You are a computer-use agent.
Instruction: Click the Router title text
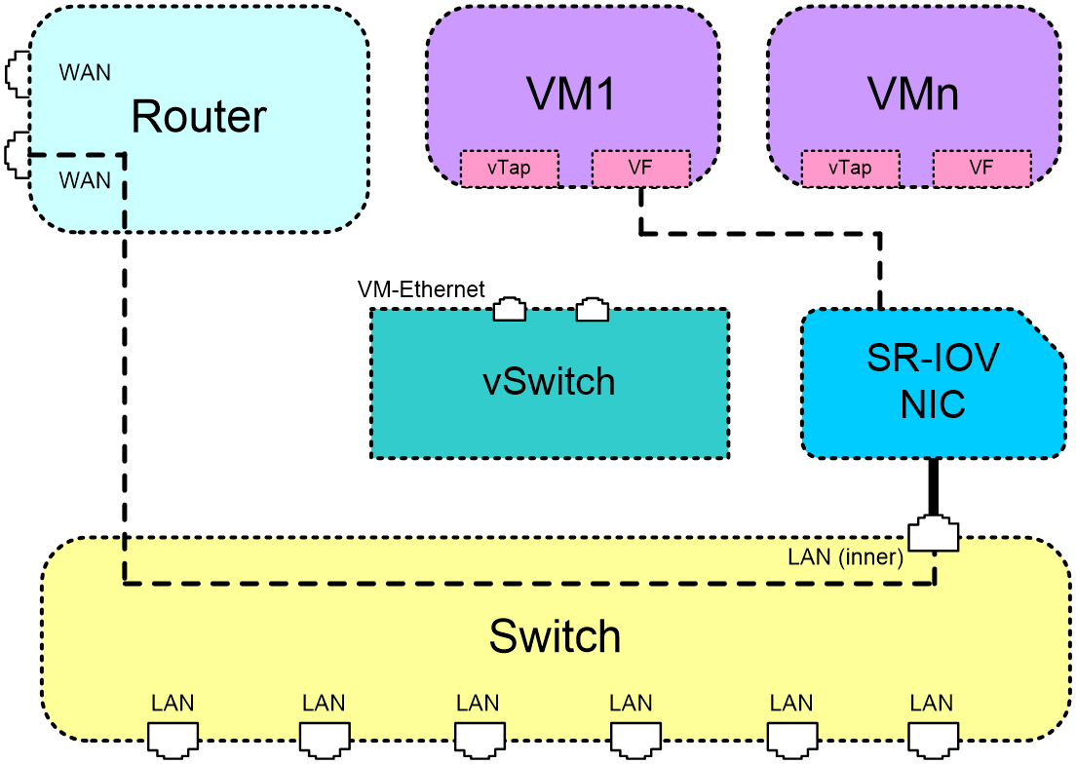[x=198, y=117]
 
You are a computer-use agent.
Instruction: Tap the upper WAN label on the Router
[x=85, y=73]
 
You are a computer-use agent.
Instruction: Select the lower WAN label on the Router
[x=85, y=180]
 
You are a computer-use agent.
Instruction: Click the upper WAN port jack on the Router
[x=18, y=74]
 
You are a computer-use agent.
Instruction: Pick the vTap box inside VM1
[x=509, y=168]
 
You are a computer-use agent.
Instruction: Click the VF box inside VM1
[x=640, y=168]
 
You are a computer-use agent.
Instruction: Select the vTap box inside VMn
[x=850, y=168]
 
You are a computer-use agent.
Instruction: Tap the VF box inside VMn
[x=981, y=168]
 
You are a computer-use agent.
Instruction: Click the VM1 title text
[x=571, y=94]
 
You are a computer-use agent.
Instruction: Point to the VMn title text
[x=912, y=94]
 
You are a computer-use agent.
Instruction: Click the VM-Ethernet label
[x=421, y=289]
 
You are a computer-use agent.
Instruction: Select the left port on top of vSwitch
[x=510, y=309]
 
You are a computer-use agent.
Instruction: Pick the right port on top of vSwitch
[x=592, y=309]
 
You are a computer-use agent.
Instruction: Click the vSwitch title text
[x=549, y=381]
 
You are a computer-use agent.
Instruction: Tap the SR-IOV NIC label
[x=933, y=381]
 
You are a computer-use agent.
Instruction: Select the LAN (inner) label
[x=845, y=556]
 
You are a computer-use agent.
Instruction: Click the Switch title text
[x=555, y=636]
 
